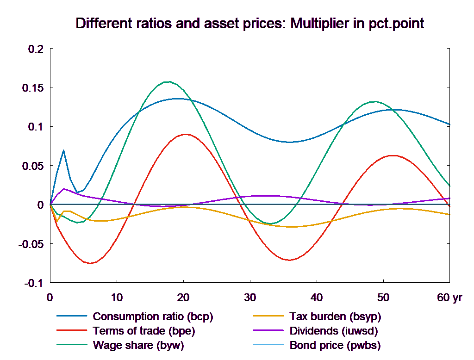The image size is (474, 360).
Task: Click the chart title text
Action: pos(249,24)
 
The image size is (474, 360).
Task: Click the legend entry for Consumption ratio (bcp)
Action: pos(153,317)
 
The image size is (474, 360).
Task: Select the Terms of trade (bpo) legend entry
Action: pos(144,331)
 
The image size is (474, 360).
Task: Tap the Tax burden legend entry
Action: pos(335,317)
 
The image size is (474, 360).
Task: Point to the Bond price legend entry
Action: pos(335,345)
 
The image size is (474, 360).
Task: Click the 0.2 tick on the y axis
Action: pos(35,49)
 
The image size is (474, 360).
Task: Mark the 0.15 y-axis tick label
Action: pos(33,88)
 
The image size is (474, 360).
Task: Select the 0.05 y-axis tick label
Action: pos(33,166)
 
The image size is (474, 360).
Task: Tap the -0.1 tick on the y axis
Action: pos(32,283)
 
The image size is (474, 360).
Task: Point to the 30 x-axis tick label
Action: pos(250,297)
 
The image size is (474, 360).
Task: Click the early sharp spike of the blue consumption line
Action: pos(63,150)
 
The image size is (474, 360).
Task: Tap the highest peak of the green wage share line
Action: pos(168,81)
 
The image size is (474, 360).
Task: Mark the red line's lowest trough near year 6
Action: pos(90,263)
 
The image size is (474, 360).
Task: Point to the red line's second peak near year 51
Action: pos(393,155)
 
